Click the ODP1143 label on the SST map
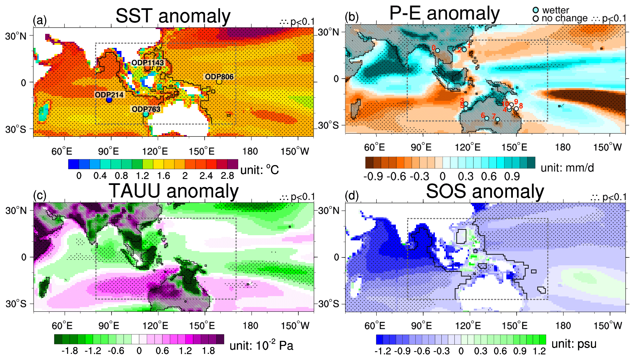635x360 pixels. pyautogui.click(x=148, y=63)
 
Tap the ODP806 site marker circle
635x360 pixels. pyautogui.click(x=219, y=82)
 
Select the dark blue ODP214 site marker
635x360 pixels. pyautogui.click(x=109, y=100)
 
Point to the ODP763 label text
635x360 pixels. pyautogui.click(x=146, y=109)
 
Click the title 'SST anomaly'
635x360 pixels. pyautogui.click(x=173, y=16)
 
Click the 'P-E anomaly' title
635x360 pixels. pyautogui.click(x=444, y=14)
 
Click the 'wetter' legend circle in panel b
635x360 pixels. pyautogui.click(x=536, y=10)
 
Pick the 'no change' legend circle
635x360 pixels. pyautogui.click(x=536, y=18)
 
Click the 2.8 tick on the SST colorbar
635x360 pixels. pyautogui.click(x=228, y=176)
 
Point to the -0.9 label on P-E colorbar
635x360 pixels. pyautogui.click(x=373, y=176)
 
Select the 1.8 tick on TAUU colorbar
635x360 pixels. pyautogui.click(x=208, y=351)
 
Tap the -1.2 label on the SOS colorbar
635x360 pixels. pyautogui.click(x=383, y=351)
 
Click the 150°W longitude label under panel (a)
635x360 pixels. pyautogui.click(x=295, y=151)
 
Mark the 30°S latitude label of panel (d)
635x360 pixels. pyautogui.click(x=329, y=304)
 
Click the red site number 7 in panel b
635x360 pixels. pyautogui.click(x=494, y=116)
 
